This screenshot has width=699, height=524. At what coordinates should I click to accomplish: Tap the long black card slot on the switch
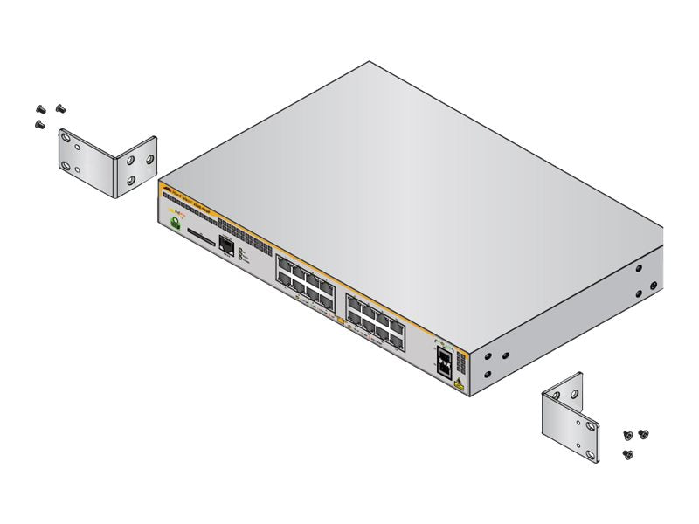tap(201, 236)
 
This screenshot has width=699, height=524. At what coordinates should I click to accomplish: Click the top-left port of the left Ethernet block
tap(284, 260)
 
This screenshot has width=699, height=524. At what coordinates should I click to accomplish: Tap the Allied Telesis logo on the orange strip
tap(168, 188)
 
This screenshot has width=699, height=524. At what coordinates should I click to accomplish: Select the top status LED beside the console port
tap(241, 250)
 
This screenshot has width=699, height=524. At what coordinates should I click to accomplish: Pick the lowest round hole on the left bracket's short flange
tap(131, 180)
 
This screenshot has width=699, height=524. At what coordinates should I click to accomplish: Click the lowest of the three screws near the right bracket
tap(627, 453)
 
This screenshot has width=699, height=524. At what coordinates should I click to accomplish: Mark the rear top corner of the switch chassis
tap(369, 61)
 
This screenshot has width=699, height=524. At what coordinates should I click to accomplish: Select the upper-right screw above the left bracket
tap(60, 107)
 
